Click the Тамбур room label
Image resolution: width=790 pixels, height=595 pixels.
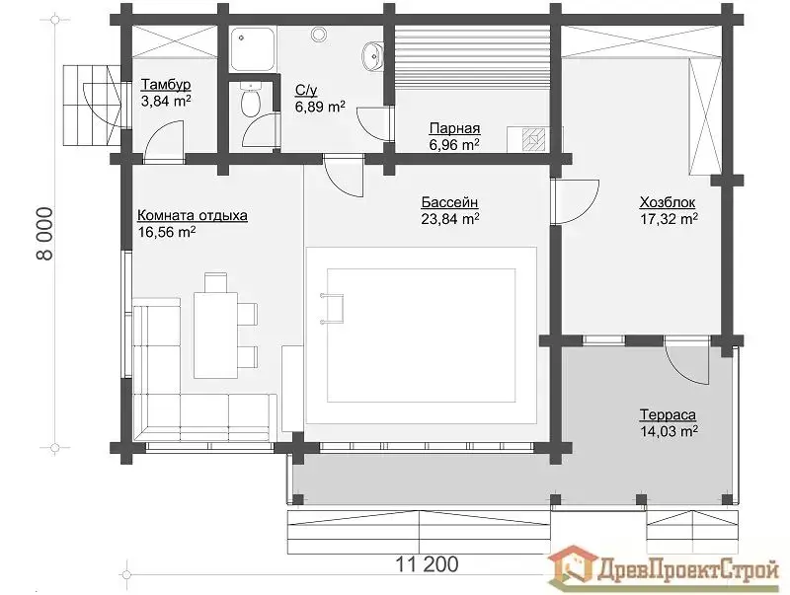click(166, 84)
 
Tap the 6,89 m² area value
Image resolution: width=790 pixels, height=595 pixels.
click(320, 107)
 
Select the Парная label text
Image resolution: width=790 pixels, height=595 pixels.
click(454, 128)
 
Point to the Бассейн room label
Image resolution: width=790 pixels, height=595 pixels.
click(449, 202)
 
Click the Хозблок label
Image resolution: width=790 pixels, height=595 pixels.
click(668, 202)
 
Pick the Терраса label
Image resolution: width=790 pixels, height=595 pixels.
click(668, 414)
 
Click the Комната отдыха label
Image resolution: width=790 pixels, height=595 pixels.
click(193, 215)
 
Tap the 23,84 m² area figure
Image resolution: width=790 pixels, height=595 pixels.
click(449, 219)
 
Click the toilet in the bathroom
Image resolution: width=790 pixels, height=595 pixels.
click(251, 99)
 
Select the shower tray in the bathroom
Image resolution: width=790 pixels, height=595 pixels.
click(253, 48)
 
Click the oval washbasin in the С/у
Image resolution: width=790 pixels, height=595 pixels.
click(372, 55)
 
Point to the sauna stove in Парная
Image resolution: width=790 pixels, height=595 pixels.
click(534, 140)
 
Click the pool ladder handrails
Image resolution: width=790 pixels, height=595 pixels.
click(332, 308)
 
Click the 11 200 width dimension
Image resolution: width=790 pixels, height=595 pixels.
click(427, 564)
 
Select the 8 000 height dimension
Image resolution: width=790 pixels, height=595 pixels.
click(44, 233)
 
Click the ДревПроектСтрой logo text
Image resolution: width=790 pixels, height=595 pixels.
click(687, 571)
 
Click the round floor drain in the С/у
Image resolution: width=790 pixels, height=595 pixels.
click(318, 34)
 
